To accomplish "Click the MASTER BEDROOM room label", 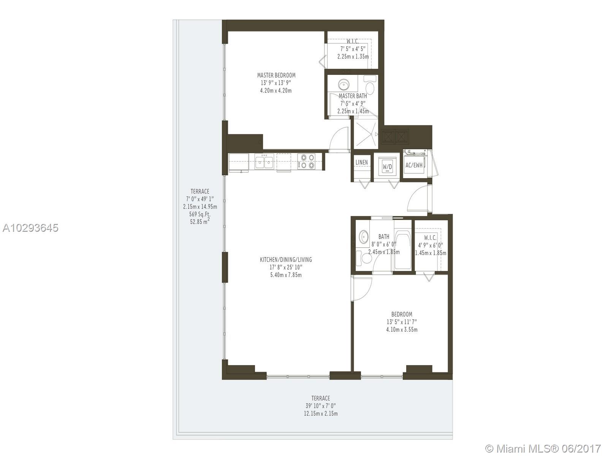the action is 276,75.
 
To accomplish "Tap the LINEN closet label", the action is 361,163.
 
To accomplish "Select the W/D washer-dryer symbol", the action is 387,166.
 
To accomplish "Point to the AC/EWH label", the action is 414,165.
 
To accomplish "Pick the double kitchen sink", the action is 264,162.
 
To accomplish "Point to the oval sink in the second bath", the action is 364,237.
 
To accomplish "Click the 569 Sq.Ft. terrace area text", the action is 200,214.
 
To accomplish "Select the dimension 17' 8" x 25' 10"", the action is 286,268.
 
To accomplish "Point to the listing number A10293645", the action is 30,228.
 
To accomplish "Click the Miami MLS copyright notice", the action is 543,449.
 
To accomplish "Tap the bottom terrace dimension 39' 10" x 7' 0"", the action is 321,406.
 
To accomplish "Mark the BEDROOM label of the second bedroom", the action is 402,314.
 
